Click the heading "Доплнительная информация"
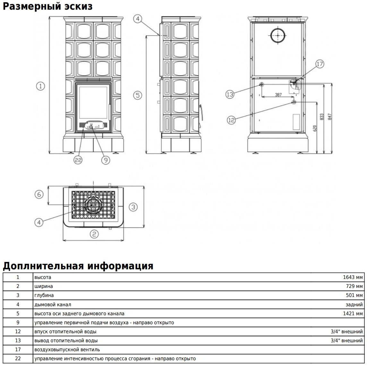coord(78,266)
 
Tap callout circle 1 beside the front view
coord(40,86)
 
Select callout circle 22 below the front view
coord(78,160)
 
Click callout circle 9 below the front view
coord(105,160)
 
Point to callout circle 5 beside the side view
coord(138,95)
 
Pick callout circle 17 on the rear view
coord(320,64)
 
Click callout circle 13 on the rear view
coord(230,94)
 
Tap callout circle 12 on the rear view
coord(231,120)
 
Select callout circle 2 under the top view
coord(94,234)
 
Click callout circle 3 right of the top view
coord(133,207)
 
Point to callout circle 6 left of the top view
coord(39,194)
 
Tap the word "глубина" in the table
coord(44,295)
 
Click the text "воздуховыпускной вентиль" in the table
coord(67,349)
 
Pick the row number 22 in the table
coord(18,358)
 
